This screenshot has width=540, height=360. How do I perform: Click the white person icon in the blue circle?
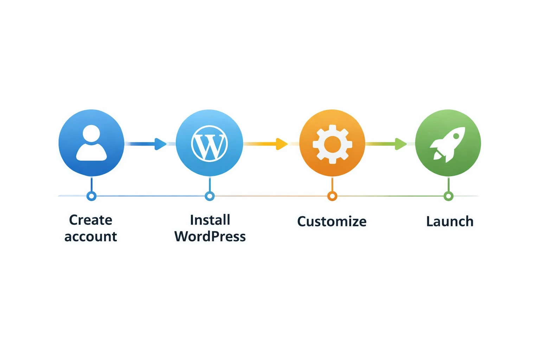pyautogui.click(x=91, y=143)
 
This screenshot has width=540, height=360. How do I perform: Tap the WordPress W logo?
pyautogui.click(x=210, y=144)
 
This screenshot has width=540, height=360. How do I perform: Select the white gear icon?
pyautogui.click(x=332, y=144)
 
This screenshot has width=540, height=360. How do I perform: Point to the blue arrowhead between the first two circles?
pyautogui.click(x=160, y=144)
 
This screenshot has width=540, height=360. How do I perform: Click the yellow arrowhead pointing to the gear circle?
pyautogui.click(x=282, y=144)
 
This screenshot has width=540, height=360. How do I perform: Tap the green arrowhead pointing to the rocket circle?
pyautogui.click(x=400, y=144)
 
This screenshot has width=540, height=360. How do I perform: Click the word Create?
pyautogui.click(x=91, y=220)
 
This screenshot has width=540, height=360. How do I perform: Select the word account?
pyautogui.click(x=91, y=237)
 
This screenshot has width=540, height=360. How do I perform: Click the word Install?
pyautogui.click(x=210, y=220)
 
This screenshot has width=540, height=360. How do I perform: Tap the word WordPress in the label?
pyautogui.click(x=210, y=237)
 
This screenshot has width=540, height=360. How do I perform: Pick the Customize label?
pyautogui.click(x=332, y=221)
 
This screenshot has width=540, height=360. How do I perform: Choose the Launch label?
pyautogui.click(x=450, y=221)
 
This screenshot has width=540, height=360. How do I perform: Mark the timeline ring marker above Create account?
pyautogui.click(x=91, y=196)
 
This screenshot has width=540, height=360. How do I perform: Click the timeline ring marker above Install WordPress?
pyautogui.click(x=210, y=196)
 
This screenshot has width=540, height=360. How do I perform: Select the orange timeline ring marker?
pyautogui.click(x=332, y=196)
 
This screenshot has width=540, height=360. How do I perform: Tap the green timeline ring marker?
pyautogui.click(x=448, y=196)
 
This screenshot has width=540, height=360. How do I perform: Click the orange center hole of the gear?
pyautogui.click(x=332, y=144)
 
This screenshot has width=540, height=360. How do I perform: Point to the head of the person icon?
pyautogui.click(x=91, y=134)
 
